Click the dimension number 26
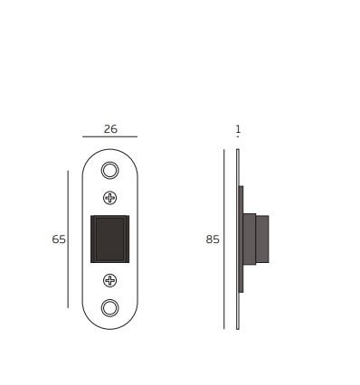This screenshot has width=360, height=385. (110, 129)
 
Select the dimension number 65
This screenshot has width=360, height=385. (59, 239)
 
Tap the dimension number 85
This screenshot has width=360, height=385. (213, 239)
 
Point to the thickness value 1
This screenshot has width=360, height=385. (238, 129)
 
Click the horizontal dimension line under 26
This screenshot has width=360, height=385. (109, 136)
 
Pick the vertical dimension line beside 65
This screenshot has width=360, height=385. (68, 239)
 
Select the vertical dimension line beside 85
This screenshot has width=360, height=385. (224, 239)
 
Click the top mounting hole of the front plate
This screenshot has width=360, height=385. (109, 171)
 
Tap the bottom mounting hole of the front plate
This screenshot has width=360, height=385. (109, 308)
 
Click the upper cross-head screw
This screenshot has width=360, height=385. (109, 198)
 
